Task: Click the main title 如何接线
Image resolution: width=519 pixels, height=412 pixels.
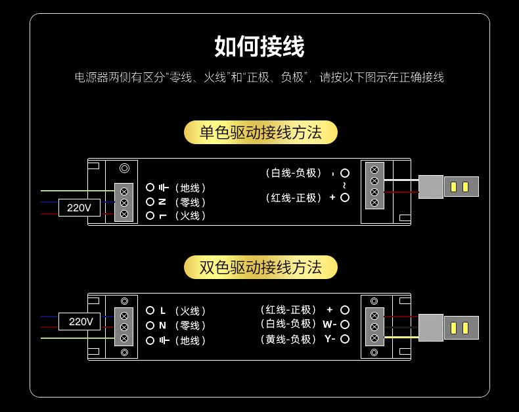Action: pyautogui.click(x=259, y=47)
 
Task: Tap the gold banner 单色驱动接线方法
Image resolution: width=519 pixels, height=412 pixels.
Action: pyautogui.click(x=261, y=132)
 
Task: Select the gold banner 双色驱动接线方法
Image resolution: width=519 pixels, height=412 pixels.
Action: pyautogui.click(x=261, y=267)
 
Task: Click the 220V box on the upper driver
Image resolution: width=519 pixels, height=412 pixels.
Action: pyautogui.click(x=79, y=208)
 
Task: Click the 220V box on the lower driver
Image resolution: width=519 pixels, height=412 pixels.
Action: pyautogui.click(x=80, y=322)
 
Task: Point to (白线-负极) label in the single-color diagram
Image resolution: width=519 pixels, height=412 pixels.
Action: pyautogui.click(x=294, y=173)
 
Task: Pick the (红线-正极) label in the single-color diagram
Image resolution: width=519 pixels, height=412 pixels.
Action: pyautogui.click(x=294, y=197)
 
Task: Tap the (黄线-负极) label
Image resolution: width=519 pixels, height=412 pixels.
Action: pyautogui.click(x=288, y=339)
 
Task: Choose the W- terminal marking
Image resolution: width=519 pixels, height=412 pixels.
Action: pyautogui.click(x=329, y=324)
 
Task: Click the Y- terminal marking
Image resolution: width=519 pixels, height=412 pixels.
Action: pyautogui.click(x=329, y=339)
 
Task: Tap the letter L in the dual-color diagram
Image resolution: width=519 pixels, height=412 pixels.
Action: pyautogui.click(x=163, y=311)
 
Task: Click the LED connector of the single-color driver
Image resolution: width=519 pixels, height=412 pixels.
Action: pyautogui.click(x=449, y=187)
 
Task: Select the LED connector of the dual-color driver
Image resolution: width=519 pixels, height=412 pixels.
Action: pyautogui.click(x=449, y=327)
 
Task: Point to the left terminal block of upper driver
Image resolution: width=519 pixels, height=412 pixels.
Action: pyautogui.click(x=124, y=202)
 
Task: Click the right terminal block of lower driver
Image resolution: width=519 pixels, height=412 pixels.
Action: pyautogui.click(x=374, y=326)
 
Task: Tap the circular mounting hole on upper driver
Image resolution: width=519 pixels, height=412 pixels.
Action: pyautogui.click(x=124, y=168)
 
